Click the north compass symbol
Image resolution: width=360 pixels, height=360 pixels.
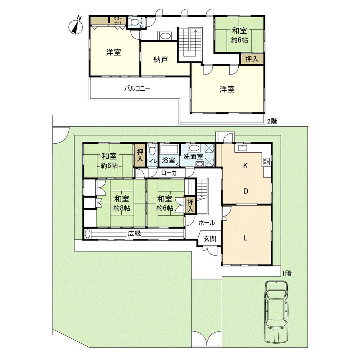75,26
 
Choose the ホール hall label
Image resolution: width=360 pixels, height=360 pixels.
207,222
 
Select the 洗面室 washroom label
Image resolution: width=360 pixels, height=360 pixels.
193,157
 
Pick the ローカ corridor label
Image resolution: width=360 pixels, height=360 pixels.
169,173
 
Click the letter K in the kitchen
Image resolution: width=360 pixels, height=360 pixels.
245,166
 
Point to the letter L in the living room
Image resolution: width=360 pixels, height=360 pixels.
245,238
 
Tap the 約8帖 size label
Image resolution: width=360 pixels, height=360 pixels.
122,208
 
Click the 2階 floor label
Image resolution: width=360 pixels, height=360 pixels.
272,121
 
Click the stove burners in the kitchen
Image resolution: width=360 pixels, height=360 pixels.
267,162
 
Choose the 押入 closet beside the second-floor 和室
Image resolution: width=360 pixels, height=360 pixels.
252,59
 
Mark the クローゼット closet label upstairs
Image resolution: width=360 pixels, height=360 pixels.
118,21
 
